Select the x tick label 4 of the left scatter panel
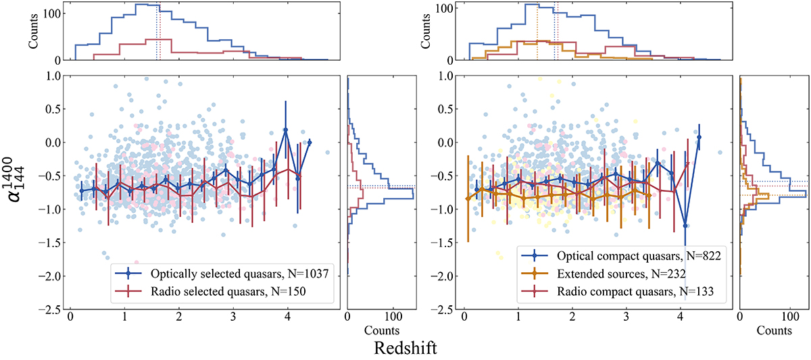287,318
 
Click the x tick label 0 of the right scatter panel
464,318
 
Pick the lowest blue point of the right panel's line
685,226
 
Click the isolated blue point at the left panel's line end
310,143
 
